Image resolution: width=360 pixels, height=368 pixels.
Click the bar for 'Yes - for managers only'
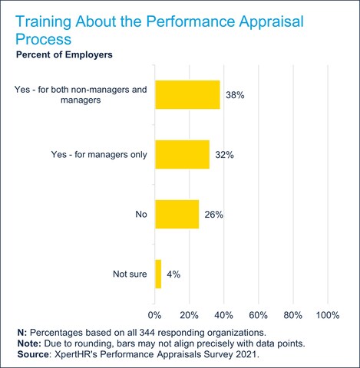(182, 154)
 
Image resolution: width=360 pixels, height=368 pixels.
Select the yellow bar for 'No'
(177, 214)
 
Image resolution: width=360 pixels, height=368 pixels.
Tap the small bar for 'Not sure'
(158, 273)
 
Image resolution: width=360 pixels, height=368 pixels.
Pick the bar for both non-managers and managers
(187, 95)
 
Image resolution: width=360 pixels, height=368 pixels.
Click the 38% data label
(234, 96)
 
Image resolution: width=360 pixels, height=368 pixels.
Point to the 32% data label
(224, 155)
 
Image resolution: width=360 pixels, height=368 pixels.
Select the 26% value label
(213, 215)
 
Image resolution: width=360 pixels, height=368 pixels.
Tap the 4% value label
(174, 274)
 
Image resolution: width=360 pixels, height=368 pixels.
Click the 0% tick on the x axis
(155, 314)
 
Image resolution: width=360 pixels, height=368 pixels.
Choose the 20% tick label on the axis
(189, 314)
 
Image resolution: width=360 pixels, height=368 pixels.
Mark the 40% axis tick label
(223, 314)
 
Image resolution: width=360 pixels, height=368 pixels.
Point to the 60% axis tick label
(258, 314)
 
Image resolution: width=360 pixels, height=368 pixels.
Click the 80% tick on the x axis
(292, 314)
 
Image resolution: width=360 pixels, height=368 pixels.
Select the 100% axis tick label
(328, 314)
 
